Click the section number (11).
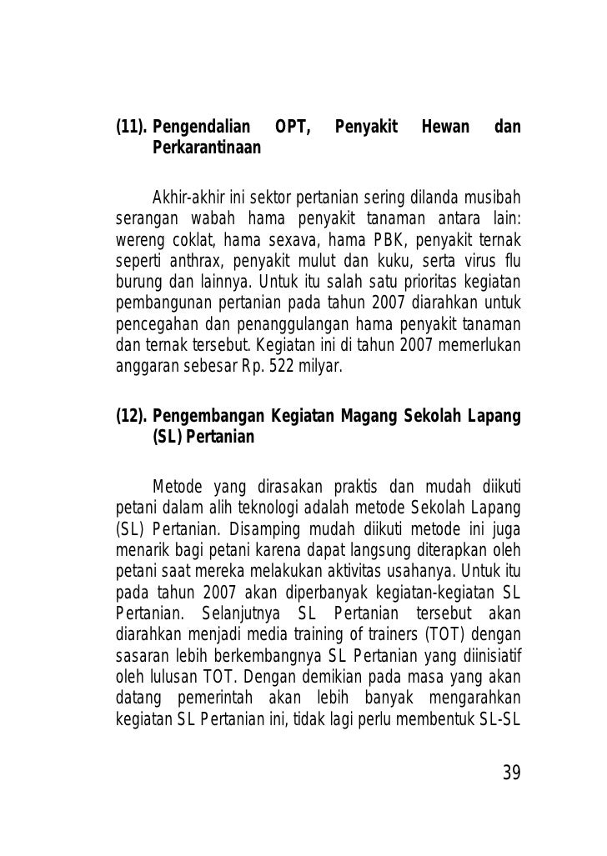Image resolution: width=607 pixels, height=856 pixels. (x=130, y=128)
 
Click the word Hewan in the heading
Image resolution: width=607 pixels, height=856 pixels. (x=442, y=128)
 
